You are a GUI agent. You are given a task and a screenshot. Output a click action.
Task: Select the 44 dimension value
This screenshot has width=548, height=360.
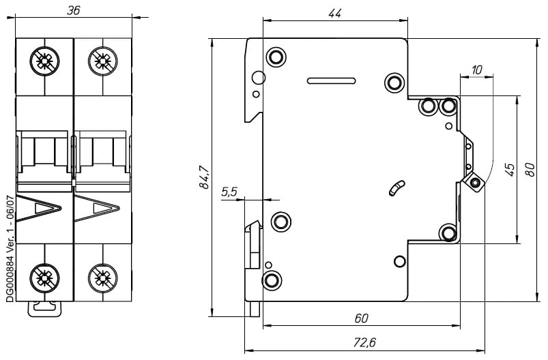334,14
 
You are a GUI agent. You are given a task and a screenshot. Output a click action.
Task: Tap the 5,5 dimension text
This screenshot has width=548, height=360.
229,192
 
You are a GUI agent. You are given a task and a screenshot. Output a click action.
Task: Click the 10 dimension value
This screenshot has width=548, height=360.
476,70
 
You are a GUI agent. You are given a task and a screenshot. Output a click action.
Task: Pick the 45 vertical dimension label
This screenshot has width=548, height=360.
508,169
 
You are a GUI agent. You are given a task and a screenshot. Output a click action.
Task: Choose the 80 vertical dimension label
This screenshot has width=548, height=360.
530,169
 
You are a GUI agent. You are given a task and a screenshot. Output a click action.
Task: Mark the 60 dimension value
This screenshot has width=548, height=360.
361,318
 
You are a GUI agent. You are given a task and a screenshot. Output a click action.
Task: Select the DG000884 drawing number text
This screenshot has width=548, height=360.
9,248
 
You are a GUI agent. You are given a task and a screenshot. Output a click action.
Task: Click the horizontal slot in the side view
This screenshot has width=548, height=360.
331,80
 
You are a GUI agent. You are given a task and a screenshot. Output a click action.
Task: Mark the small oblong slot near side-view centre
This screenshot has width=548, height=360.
396,188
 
